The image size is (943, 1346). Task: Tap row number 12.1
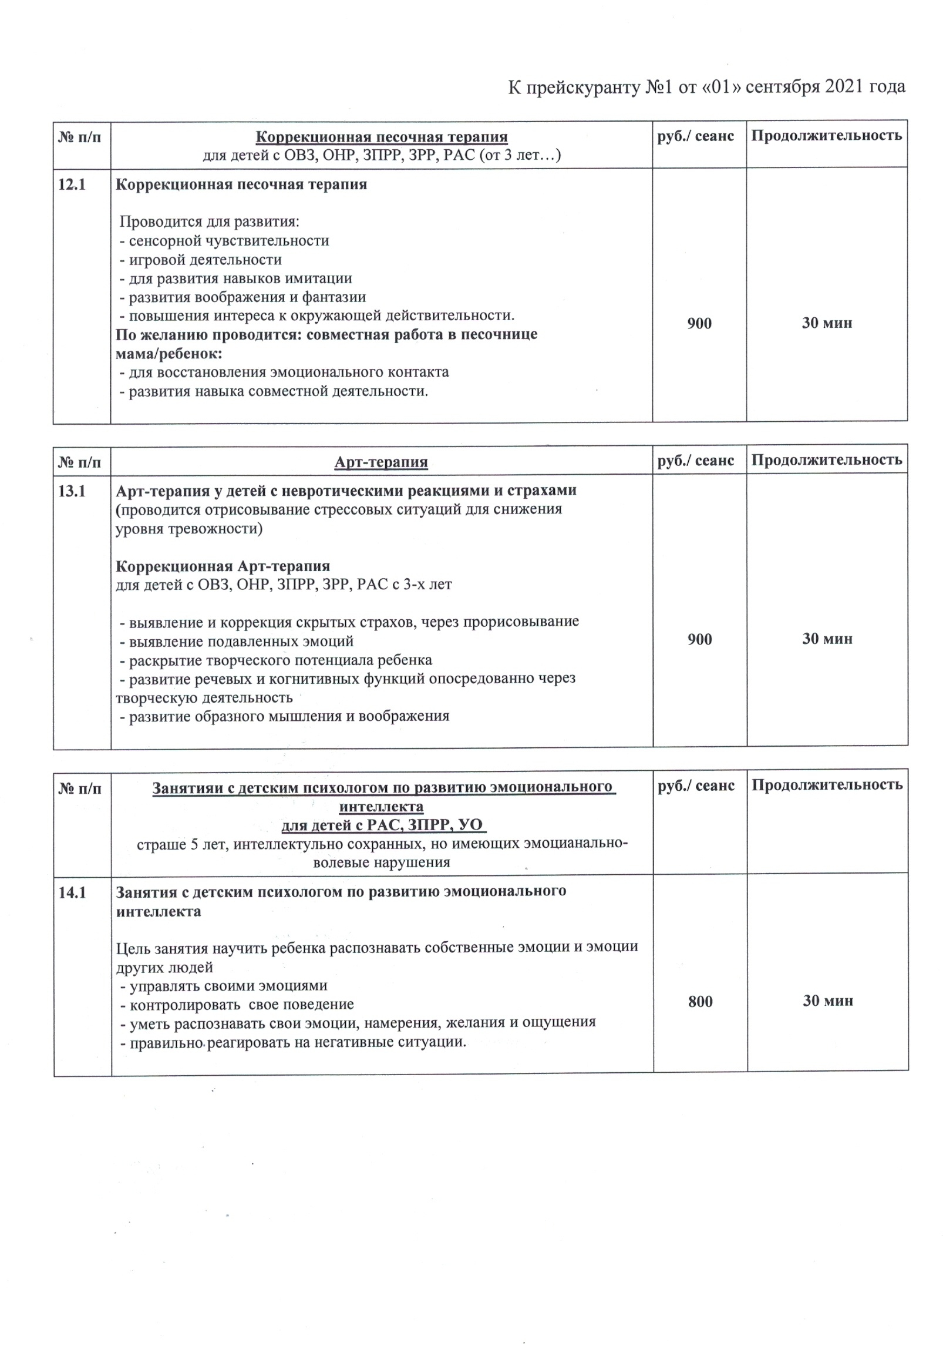pos(72,184)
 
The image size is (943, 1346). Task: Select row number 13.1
pos(72,491)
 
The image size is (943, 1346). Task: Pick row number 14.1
pos(72,892)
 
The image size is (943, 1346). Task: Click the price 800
pos(700,1001)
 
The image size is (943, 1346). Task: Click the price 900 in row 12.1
pos(699,323)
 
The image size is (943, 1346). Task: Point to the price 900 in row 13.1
pos(699,639)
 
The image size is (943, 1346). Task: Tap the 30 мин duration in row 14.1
pos(827,1001)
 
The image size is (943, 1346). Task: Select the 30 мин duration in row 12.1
pos(827,323)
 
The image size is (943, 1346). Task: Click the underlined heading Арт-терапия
pos(380,462)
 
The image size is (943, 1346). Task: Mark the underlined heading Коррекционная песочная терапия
pos(382,137)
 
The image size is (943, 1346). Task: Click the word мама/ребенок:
pos(169,354)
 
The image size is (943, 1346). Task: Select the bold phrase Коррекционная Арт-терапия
pos(223,566)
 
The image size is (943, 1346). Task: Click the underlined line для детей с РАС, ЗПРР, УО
pos(382,825)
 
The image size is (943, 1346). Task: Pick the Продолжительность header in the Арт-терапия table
pos(826,460)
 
